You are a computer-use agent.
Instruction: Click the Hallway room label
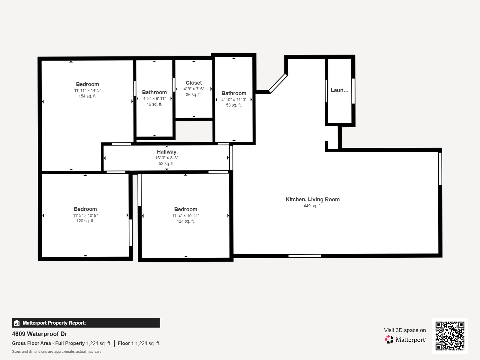tap(166, 152)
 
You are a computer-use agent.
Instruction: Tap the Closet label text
tap(194, 83)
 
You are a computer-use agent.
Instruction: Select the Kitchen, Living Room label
tap(312, 199)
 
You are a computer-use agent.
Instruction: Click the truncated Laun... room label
tap(339, 90)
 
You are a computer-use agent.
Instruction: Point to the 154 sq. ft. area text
tap(87, 96)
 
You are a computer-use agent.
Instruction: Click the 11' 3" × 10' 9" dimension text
tap(85, 215)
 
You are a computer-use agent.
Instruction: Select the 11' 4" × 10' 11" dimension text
tap(186, 216)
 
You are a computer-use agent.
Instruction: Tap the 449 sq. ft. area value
tap(312, 206)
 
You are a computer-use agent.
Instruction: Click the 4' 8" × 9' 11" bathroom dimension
tap(154, 98)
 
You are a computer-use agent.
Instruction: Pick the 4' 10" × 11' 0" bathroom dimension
tap(234, 99)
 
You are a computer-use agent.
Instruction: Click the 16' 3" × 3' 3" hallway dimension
tap(166, 158)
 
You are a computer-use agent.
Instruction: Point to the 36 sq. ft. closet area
tap(194, 95)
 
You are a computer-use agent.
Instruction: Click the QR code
tap(450, 336)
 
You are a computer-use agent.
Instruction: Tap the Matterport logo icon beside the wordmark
tap(389, 339)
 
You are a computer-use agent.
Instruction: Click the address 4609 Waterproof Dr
tap(40, 334)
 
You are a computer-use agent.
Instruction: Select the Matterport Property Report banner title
tap(54, 323)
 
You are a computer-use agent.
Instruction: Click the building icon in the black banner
tap(17, 323)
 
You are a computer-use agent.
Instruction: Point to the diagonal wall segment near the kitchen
tap(278, 83)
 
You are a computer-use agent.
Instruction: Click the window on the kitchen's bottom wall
tap(304, 256)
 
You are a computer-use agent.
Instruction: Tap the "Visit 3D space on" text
tap(405, 330)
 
